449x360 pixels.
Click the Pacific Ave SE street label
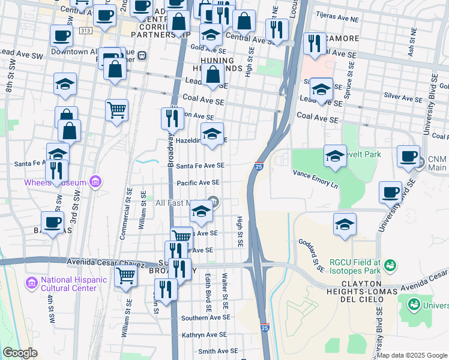click(x=198, y=183)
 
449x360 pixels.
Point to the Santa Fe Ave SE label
click(x=200, y=166)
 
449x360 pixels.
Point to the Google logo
click(x=20, y=353)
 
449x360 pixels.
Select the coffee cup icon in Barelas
click(x=53, y=222)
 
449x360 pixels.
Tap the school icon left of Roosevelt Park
click(x=335, y=157)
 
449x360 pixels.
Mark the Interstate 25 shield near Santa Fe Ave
click(x=258, y=166)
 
